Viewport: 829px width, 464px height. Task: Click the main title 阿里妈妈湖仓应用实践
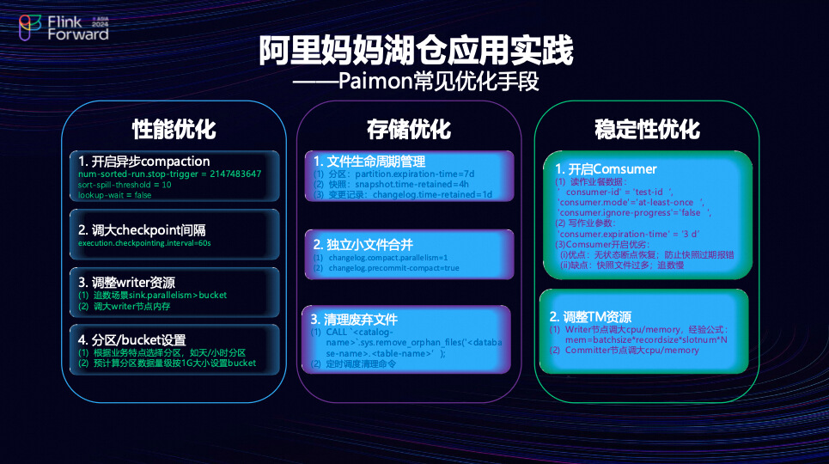coord(415,51)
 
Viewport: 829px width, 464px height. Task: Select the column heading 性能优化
coord(174,129)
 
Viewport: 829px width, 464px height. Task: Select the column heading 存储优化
coord(409,129)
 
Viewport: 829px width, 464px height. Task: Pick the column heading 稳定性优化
coord(647,129)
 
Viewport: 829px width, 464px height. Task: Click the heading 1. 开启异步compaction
coord(143,162)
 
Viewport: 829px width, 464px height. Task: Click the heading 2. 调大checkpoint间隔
coord(142,229)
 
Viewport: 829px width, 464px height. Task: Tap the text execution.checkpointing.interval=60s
coord(144,243)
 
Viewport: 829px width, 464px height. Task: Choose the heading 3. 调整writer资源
coord(127,282)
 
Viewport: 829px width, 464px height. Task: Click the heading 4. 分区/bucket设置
coord(132,339)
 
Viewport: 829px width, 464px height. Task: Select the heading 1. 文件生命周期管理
coord(369,161)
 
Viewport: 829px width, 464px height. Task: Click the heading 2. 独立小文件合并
coord(364,244)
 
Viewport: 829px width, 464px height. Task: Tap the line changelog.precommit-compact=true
coord(392,268)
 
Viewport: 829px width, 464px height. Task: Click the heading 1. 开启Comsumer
coord(606,168)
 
